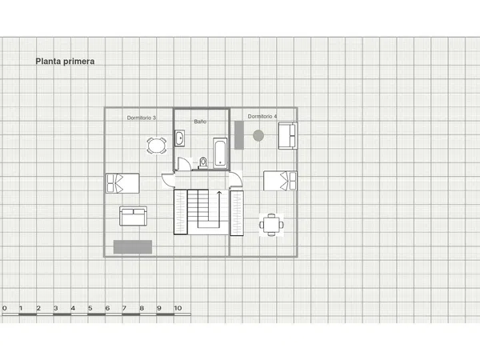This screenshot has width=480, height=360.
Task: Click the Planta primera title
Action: pyautogui.click(x=65, y=62)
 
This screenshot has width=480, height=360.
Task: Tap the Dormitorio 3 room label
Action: pyautogui.click(x=142, y=118)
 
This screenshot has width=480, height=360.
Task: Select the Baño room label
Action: pyautogui.click(x=200, y=122)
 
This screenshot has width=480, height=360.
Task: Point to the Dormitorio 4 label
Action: pyautogui.click(x=262, y=116)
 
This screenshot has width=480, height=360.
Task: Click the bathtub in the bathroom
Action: pyautogui.click(x=221, y=153)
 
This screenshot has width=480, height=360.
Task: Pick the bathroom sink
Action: pyautogui.click(x=180, y=138)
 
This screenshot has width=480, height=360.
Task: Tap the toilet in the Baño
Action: pyautogui.click(x=202, y=163)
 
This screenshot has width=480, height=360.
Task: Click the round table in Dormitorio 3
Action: pyautogui.click(x=157, y=146)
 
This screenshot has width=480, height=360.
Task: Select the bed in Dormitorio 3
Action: pyautogui.click(x=122, y=183)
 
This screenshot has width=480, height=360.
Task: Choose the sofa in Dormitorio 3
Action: pyautogui.click(x=133, y=216)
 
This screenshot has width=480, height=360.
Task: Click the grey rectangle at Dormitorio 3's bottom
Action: pyautogui.click(x=133, y=247)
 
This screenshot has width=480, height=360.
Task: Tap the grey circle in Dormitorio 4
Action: pyautogui.click(x=258, y=136)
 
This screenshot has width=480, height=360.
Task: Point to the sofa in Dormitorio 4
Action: pyautogui.click(x=288, y=136)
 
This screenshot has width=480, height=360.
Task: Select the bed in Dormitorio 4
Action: pyautogui.click(x=280, y=181)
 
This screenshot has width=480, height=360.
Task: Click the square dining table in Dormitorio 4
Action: pyautogui.click(x=271, y=225)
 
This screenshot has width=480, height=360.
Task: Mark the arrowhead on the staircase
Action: pyautogui.click(x=219, y=193)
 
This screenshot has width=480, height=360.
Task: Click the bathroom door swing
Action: pyautogui.click(x=184, y=164)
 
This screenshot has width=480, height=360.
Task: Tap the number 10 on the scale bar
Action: pyautogui.click(x=178, y=308)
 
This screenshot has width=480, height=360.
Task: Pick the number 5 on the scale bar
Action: pyautogui.click(x=90, y=308)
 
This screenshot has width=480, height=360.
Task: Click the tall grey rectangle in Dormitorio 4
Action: pyautogui.click(x=239, y=135)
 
